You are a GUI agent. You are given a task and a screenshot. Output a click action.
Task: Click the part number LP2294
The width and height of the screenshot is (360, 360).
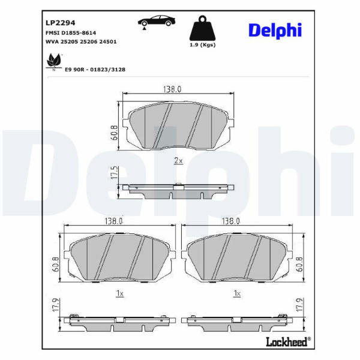pyautogui.click(x=61, y=23)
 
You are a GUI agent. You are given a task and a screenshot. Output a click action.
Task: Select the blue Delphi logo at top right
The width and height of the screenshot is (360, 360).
pyautogui.click(x=275, y=31)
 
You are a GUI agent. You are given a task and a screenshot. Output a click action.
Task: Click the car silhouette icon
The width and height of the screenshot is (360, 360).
pyautogui.click(x=157, y=22)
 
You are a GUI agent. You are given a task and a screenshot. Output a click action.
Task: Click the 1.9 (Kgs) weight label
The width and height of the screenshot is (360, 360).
pyautogui.click(x=203, y=45)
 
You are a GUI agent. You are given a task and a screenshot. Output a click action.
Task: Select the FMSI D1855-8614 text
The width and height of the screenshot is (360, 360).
pyautogui.click(x=71, y=33)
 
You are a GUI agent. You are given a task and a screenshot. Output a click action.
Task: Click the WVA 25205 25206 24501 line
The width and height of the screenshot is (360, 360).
pyautogui.click(x=81, y=42)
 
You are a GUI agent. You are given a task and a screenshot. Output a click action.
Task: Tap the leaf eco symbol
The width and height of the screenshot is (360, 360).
pyautogui.click(x=54, y=62)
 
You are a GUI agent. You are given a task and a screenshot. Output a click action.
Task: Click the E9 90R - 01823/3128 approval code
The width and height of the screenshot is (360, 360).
pyautogui.click(x=95, y=70)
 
